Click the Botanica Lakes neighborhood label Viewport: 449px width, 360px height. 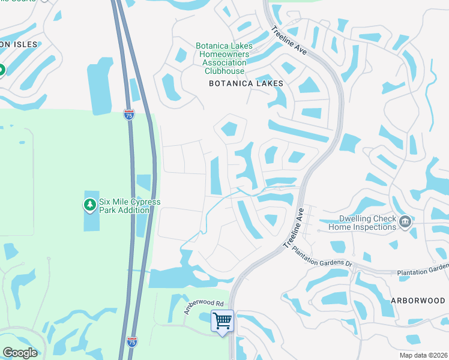[246, 83]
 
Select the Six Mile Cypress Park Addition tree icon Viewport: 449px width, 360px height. [90, 206]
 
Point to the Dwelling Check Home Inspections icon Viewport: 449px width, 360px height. [405, 223]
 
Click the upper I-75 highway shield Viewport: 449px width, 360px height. [129, 115]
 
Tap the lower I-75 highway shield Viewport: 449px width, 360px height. [132, 342]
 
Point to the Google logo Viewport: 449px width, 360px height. [20, 353]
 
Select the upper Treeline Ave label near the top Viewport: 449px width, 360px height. [289, 41]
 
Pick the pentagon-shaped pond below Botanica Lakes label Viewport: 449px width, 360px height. [231, 128]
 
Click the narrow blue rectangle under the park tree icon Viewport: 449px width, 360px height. [90, 223]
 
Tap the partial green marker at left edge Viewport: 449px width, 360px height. [1, 70]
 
